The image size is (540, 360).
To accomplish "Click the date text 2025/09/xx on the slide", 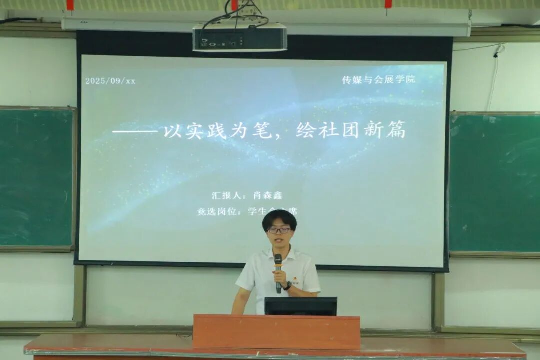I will click(x=110, y=81).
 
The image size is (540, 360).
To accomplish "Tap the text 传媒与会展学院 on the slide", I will click(x=378, y=80).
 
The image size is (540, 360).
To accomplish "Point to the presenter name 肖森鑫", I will click(x=268, y=195).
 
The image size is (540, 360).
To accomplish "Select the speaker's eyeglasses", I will click(x=279, y=230).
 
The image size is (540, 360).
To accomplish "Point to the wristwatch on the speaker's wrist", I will click(x=288, y=286).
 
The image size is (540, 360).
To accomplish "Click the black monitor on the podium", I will click(x=300, y=306).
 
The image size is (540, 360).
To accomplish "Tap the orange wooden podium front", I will click(x=276, y=332).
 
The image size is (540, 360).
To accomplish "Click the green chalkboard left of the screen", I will click(x=36, y=177).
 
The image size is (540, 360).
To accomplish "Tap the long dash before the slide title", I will click(x=135, y=132).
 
